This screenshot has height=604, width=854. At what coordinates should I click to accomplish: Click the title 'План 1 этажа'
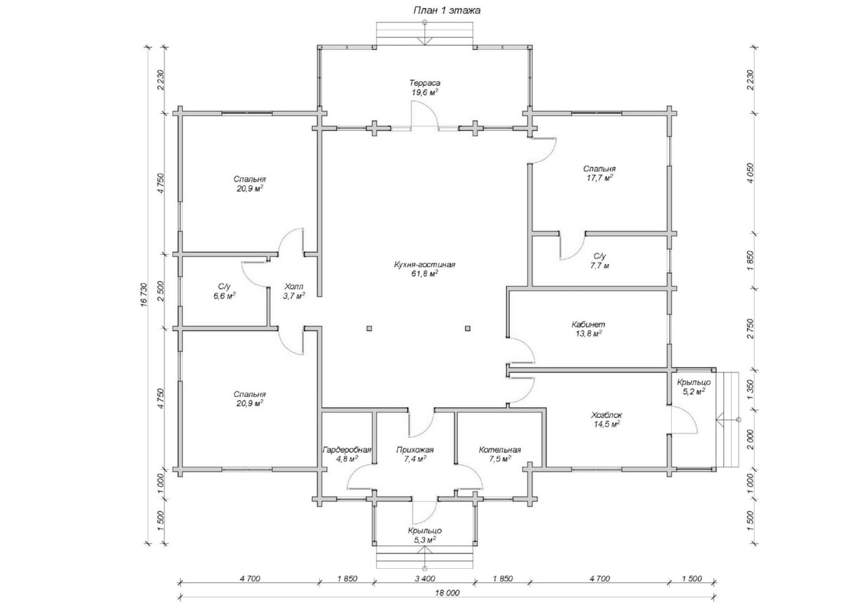(447, 11)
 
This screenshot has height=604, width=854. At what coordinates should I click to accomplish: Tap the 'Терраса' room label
(425, 83)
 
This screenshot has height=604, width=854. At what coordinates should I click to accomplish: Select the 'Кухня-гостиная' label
(424, 265)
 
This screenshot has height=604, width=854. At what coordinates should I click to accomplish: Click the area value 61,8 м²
(424, 274)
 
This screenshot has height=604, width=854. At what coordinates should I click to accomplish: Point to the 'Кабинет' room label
(588, 325)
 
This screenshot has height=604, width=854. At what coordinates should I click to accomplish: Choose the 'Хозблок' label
(606, 415)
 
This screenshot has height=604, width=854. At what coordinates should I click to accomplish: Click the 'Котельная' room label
(500, 451)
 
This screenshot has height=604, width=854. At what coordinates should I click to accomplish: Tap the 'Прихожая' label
(415, 451)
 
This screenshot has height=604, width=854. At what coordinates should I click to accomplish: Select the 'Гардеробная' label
(347, 451)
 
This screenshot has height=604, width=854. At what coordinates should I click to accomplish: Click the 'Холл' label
(294, 287)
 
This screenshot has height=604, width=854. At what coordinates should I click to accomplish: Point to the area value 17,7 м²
(600, 178)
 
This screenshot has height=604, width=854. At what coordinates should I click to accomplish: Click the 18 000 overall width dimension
(447, 593)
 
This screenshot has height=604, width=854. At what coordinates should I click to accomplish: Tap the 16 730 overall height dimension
(144, 294)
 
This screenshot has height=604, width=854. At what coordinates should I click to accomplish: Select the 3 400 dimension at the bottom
(425, 579)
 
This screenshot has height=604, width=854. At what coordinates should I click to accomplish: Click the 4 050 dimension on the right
(751, 173)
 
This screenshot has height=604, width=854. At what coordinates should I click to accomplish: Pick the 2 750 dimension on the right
(751, 329)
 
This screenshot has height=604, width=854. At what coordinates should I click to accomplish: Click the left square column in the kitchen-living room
(369, 328)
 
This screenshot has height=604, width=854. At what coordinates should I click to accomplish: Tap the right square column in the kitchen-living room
(468, 328)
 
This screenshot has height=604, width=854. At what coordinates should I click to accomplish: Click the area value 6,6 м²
(224, 296)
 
